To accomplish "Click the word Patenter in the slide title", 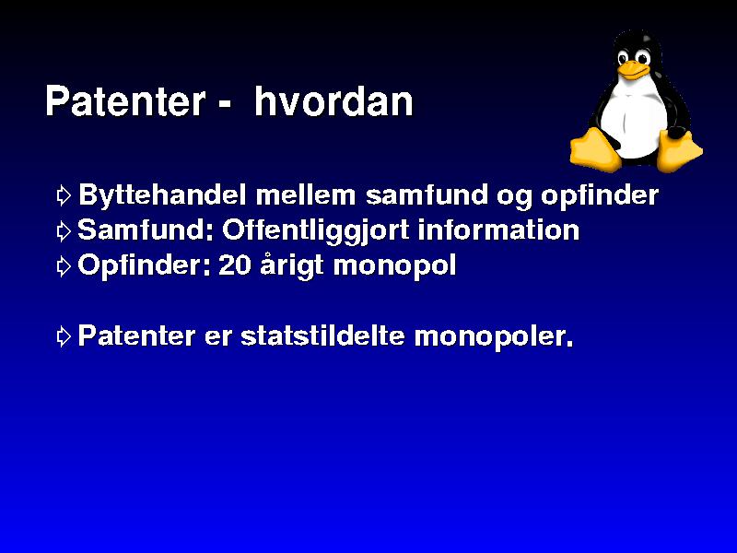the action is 125,100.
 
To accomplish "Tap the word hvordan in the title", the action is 333,100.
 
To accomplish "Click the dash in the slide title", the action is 225,105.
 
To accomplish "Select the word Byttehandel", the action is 162,194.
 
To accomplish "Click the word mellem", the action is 306,194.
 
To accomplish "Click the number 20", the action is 235,265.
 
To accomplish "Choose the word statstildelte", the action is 322,335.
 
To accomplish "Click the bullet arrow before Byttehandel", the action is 64,195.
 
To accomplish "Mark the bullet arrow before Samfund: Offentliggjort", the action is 64,231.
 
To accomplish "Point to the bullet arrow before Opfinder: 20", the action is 64,266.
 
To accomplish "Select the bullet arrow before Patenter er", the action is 64,336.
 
